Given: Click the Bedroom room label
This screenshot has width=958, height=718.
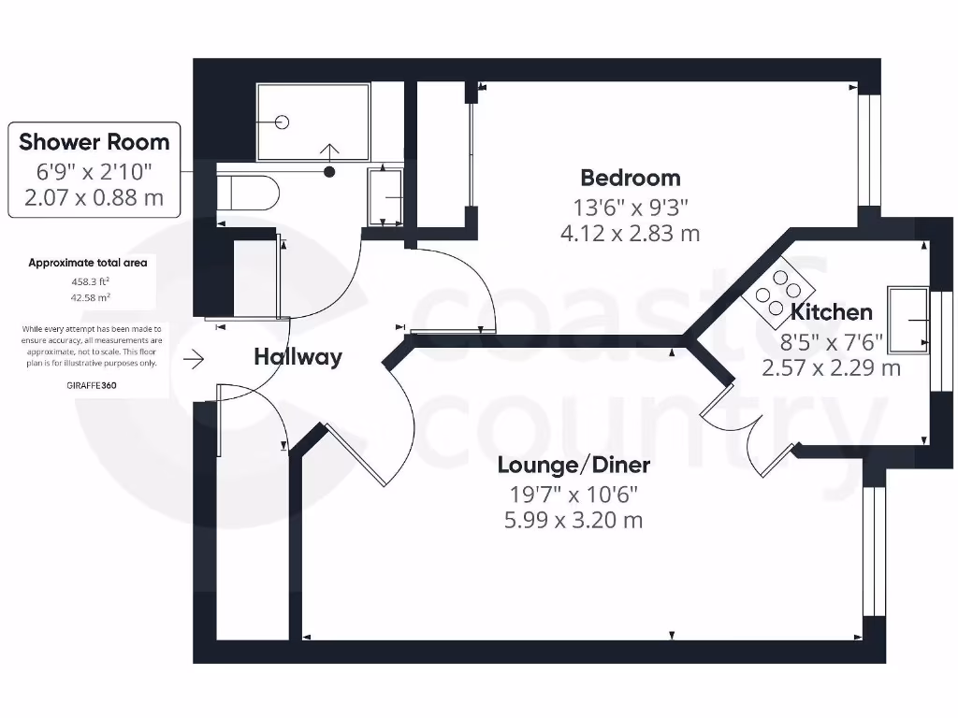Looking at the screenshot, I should [630, 178].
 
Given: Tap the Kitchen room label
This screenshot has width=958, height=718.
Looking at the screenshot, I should [831, 312].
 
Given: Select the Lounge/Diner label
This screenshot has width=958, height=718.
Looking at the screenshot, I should [573, 465].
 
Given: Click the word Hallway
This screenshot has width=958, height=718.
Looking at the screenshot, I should [298, 356].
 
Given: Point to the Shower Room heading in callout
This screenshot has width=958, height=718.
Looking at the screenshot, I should [94, 142].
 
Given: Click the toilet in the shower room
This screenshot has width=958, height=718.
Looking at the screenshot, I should [248, 194].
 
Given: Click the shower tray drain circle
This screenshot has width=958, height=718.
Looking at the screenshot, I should [283, 122].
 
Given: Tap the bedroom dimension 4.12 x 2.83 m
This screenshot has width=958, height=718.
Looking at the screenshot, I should [630, 233].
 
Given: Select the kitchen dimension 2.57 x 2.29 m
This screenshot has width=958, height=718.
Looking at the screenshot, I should [831, 367].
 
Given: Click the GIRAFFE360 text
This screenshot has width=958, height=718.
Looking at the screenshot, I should [92, 384].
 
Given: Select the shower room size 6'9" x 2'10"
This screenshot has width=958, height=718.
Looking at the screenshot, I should [94, 172].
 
